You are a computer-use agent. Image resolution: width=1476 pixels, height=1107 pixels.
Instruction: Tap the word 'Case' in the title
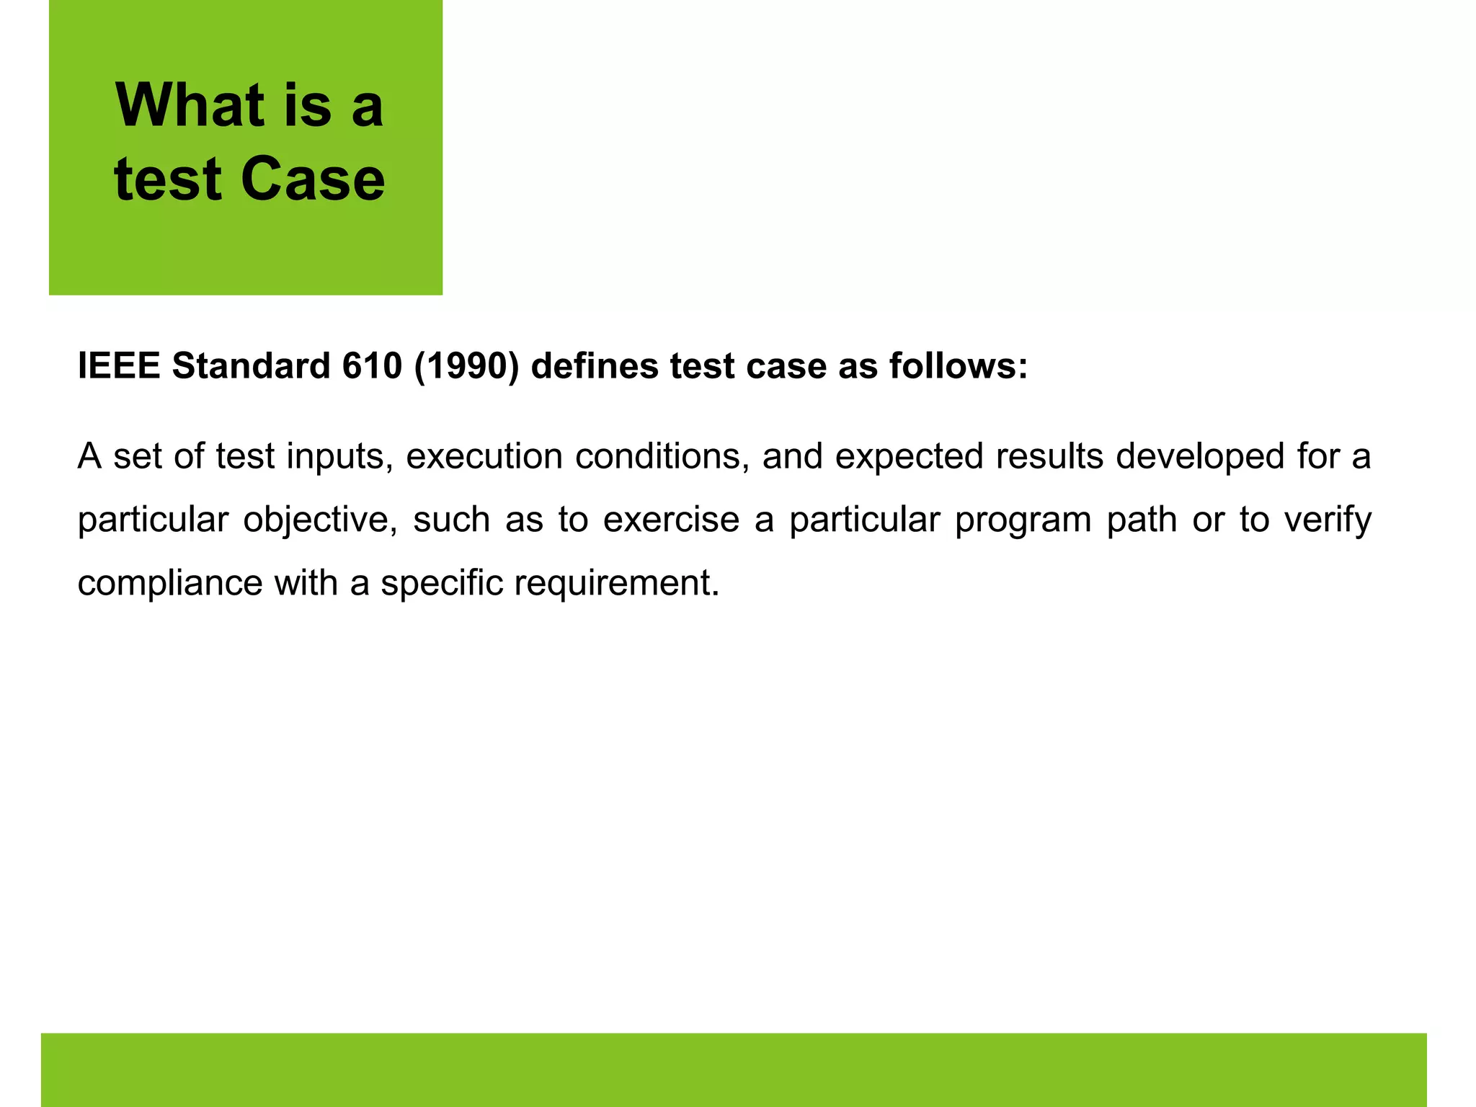tap(313, 179)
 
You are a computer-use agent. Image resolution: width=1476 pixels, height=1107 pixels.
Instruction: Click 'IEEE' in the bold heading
tap(118, 365)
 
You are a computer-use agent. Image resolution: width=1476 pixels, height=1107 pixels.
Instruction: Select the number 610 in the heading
tap(371, 365)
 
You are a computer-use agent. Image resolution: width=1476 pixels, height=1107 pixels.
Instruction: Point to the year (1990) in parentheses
tap(466, 365)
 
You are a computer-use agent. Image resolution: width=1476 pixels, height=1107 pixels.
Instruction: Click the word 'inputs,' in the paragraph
tap(339, 457)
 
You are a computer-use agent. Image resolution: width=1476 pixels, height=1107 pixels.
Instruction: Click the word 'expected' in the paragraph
tap(910, 457)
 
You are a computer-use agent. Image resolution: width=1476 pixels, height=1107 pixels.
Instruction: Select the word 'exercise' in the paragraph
tap(671, 520)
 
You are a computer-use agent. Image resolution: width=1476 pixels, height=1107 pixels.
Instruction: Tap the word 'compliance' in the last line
tap(170, 583)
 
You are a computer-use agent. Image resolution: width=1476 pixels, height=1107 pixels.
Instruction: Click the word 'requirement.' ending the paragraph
tap(617, 583)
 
